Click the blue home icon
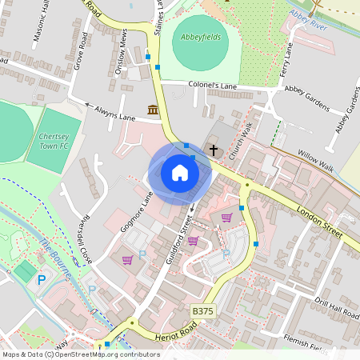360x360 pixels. [180, 173]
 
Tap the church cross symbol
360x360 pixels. [214, 149]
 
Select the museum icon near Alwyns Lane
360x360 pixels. [152, 110]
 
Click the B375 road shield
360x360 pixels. [203, 310]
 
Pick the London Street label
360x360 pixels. [319, 221]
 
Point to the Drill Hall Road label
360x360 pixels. [337, 309]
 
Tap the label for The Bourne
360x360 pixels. [54, 258]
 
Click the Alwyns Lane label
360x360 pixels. [117, 113]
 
